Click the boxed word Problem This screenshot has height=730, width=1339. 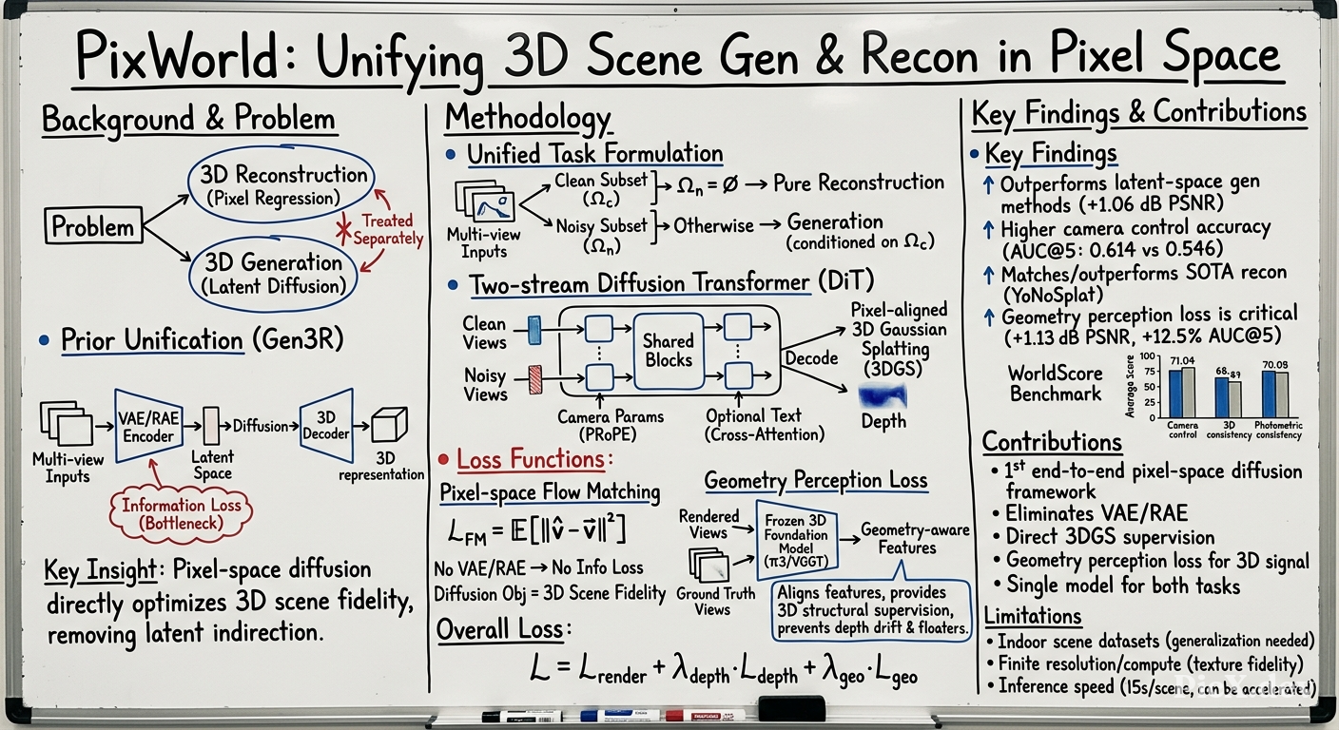tap(94, 226)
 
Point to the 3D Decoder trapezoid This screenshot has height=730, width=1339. tap(326, 426)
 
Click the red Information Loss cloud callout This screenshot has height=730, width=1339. tap(181, 514)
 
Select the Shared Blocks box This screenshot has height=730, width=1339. tap(669, 351)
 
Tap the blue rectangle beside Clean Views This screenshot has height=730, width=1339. tap(535, 331)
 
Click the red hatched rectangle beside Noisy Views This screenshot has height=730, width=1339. tap(535, 380)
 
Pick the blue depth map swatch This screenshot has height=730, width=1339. tap(883, 396)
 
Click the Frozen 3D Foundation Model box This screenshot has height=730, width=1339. tap(797, 541)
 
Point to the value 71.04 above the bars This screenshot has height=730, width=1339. tap(1182, 361)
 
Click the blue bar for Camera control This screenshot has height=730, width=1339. tap(1174, 394)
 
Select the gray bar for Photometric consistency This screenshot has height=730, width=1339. tap(1282, 394)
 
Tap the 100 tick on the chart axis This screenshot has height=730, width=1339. tap(1147, 356)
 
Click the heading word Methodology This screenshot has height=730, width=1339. tap(528, 118)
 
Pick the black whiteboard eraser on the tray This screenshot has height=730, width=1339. tap(791, 708)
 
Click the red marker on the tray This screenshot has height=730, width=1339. tap(705, 715)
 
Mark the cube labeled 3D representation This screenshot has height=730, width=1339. tap(389, 425)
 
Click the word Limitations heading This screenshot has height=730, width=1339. tap(1033, 615)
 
